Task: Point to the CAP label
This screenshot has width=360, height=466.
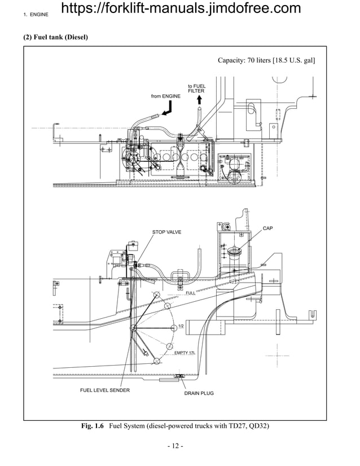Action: (268, 228)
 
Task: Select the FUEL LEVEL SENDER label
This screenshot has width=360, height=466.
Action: (104, 390)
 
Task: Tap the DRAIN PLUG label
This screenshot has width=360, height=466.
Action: (199, 393)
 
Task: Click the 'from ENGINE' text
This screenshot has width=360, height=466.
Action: (166, 96)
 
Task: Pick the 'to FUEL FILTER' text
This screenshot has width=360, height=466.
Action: (196, 89)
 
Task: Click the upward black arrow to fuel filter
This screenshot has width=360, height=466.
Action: (199, 100)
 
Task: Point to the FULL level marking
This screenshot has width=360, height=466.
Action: (191, 293)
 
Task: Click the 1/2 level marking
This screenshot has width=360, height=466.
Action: (181, 327)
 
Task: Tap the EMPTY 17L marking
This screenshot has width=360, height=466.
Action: (185, 353)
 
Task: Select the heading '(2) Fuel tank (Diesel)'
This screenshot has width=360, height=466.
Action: (55, 37)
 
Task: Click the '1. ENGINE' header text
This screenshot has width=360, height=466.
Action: (36, 13)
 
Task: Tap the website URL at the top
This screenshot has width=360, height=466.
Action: (180, 8)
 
